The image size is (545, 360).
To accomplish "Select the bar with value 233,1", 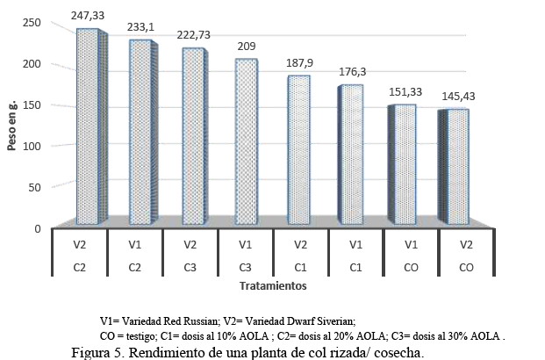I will (x=140, y=133).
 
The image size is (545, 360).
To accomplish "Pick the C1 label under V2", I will (x=298, y=264).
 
